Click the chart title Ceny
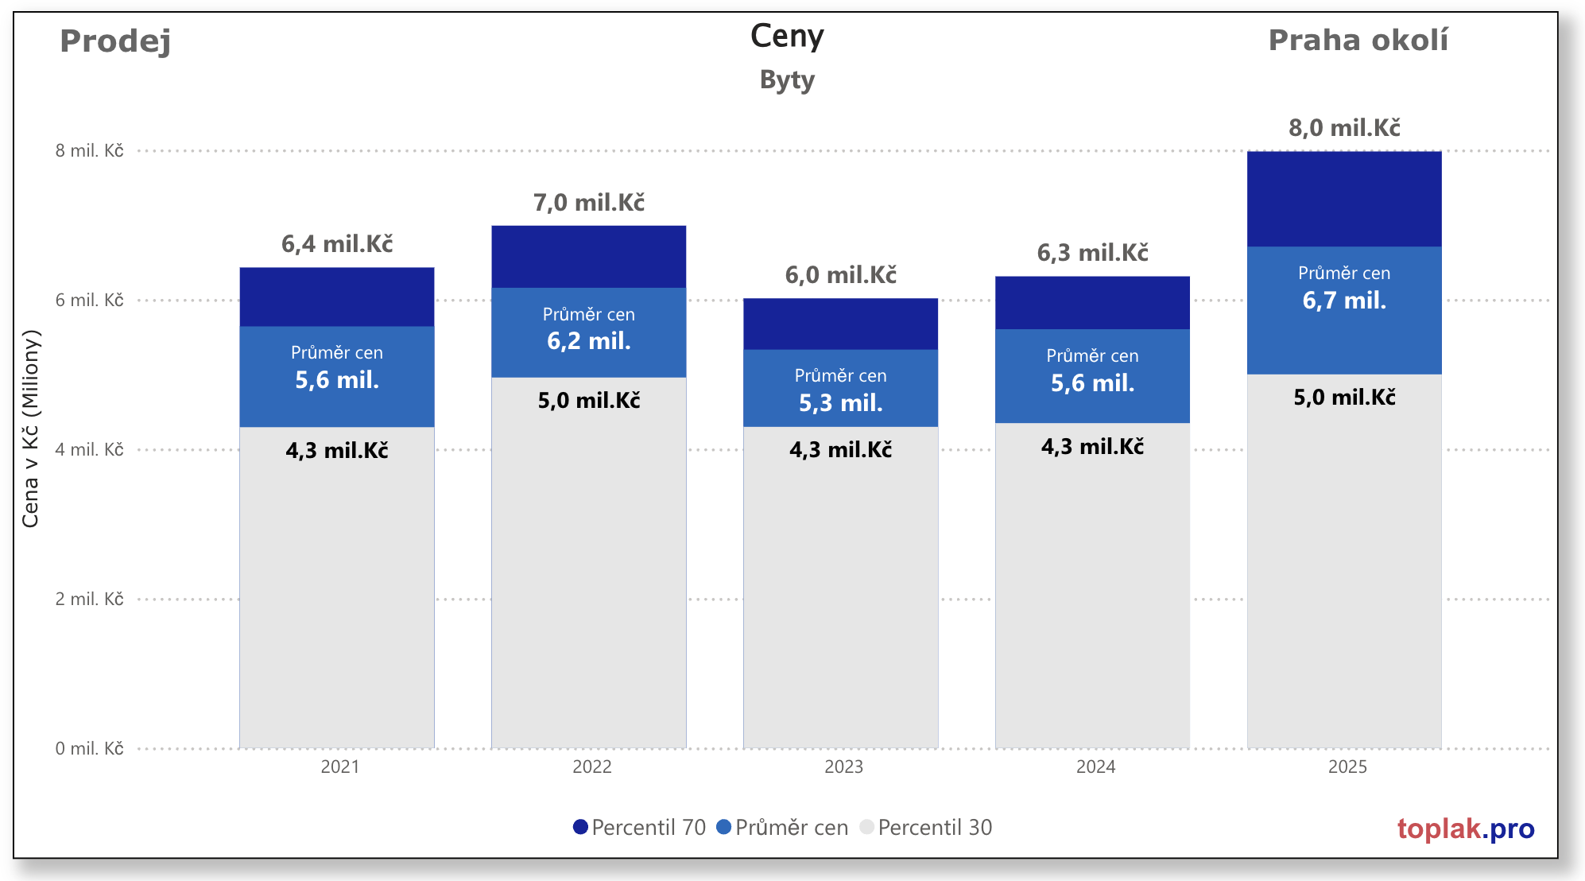click(x=787, y=37)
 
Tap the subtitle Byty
click(x=787, y=80)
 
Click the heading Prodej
click(x=115, y=41)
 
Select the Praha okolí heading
click(x=1358, y=41)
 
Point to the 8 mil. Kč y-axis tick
click(x=89, y=151)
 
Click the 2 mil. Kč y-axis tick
click(x=89, y=600)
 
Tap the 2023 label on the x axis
click(x=843, y=767)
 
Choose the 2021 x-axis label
click(x=339, y=767)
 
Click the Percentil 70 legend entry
click(x=640, y=828)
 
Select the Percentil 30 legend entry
click(x=927, y=828)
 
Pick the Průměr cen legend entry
click(x=783, y=828)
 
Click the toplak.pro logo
click(x=1466, y=829)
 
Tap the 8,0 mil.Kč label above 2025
click(x=1344, y=128)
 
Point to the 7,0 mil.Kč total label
click(x=589, y=203)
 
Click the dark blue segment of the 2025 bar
click(x=1344, y=199)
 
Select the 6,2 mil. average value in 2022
click(x=589, y=341)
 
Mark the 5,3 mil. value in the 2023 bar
click(x=841, y=403)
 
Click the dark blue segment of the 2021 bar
click(x=337, y=297)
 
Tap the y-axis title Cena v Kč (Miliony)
click(x=30, y=429)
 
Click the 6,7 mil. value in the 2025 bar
click(x=1344, y=301)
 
